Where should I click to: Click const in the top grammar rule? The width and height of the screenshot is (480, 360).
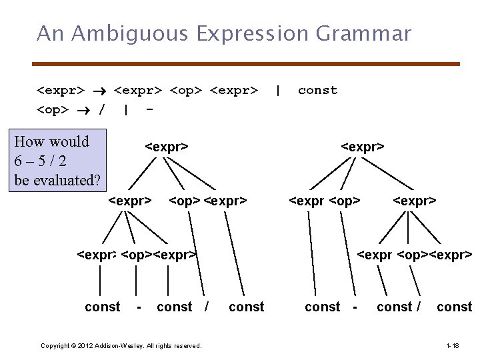tap(317, 90)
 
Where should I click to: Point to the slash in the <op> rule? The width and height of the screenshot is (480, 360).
tap(101, 109)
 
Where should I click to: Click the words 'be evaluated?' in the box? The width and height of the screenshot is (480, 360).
tap(57, 180)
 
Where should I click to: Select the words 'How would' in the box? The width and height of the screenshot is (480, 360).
tap(51, 141)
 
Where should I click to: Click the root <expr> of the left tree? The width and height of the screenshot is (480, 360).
tap(167, 147)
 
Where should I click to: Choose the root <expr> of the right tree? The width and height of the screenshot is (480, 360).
tap(363, 147)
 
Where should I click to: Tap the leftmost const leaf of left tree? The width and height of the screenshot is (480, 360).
tap(103, 307)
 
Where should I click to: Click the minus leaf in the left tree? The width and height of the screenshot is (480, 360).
tap(138, 307)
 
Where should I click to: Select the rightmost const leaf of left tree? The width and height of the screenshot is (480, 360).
tap(246, 307)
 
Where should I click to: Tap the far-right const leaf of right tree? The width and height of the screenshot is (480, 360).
tap(454, 307)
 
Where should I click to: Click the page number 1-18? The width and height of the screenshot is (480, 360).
tap(452, 345)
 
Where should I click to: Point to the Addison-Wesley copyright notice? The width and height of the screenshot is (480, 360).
tap(121, 345)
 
